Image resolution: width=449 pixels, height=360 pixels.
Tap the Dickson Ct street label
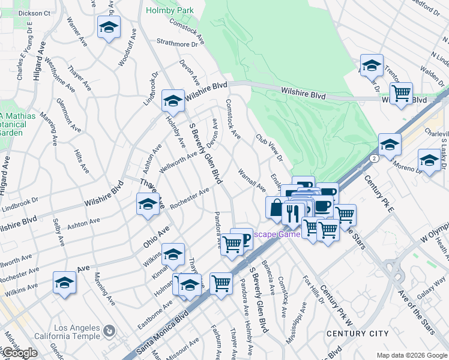[x=34, y=12]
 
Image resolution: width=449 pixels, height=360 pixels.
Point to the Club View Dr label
[x=270, y=147]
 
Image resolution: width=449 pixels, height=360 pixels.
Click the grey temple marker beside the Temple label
[x=109, y=331]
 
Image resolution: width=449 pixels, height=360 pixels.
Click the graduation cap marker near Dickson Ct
[x=109, y=27]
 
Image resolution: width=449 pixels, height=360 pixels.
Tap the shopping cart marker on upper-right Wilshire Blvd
[x=401, y=93]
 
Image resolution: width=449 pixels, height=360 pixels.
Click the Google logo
[x=19, y=353]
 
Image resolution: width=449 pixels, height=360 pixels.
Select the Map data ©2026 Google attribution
[x=411, y=355]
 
